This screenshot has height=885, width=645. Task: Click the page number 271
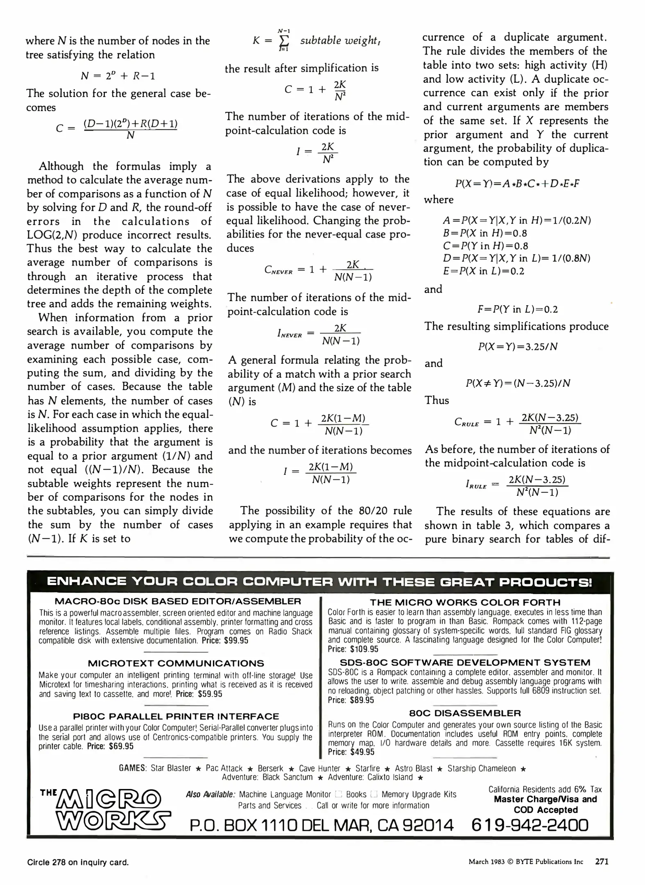[602, 862]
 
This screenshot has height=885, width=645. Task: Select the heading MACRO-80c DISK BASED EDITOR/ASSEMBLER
[178, 601]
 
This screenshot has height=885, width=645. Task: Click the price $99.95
[236, 640]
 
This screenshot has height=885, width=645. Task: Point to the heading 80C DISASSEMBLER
[465, 713]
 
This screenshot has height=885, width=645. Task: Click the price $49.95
[362, 752]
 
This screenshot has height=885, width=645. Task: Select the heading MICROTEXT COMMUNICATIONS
[176, 663]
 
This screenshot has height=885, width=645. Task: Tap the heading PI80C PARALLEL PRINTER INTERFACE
[176, 716]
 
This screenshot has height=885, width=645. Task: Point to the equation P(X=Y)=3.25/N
[518, 347]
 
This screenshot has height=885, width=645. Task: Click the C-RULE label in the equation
[466, 422]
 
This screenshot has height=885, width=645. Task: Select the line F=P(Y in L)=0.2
[518, 309]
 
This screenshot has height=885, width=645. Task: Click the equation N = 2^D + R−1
[118, 76]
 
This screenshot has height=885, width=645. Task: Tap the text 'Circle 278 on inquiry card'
[78, 862]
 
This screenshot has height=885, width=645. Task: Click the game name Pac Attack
[224, 768]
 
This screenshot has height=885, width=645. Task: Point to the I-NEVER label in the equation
[290, 334]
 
